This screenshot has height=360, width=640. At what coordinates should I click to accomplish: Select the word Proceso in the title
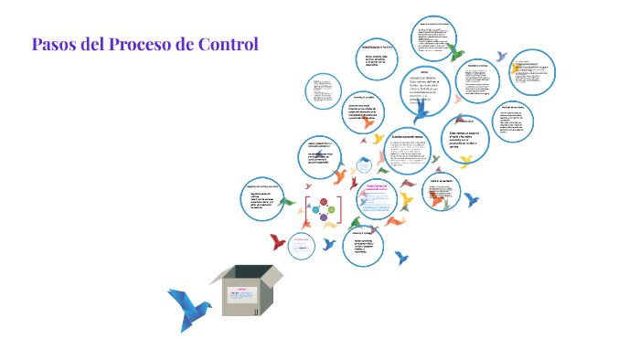click(146, 43)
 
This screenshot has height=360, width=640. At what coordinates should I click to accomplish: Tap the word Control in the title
click(229, 43)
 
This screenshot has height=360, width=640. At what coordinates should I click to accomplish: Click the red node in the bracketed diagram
click(323, 203)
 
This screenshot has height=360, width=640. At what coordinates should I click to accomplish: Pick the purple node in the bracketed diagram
click(323, 217)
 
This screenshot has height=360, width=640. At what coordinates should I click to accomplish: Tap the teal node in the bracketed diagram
click(315, 210)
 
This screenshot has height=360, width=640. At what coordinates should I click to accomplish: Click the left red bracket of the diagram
click(307, 209)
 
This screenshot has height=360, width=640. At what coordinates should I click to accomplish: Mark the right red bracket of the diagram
click(340, 209)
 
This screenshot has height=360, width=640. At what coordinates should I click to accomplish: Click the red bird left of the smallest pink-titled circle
click(278, 242)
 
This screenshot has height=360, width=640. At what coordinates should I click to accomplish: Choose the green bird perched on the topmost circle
click(456, 52)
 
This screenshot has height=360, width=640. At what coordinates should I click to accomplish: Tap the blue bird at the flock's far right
click(472, 199)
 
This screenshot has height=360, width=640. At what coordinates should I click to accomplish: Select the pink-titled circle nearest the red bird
click(302, 244)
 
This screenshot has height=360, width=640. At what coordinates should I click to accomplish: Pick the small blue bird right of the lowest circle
click(401, 259)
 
